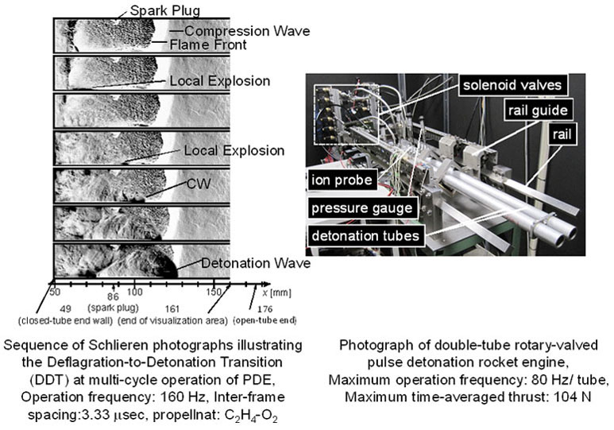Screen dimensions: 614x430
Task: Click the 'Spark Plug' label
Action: pos(165,10)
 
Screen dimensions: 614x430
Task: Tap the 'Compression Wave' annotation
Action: pos(247,31)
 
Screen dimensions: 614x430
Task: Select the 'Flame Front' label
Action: pos(208,45)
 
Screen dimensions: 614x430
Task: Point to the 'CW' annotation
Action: pos(199,184)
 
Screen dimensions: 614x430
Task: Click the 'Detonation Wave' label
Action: pos(256,263)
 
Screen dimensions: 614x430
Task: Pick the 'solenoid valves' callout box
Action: pos(512,85)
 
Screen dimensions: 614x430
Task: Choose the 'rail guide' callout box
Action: pos(538,110)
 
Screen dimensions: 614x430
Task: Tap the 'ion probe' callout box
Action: pos(342,180)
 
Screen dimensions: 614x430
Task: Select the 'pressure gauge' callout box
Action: pos(362,207)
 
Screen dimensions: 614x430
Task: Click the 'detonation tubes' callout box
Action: pos(365,235)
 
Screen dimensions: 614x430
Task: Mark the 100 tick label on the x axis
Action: pos(135,292)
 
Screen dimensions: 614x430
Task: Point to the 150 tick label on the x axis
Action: pos(214,292)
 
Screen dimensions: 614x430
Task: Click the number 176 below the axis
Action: pos(265,309)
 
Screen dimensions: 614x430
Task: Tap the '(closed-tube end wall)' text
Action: pos(66,320)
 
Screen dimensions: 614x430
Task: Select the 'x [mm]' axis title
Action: pos(277,292)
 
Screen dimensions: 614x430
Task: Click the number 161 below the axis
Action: pos(172,309)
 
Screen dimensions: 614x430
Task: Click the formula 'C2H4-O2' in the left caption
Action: pos(251,416)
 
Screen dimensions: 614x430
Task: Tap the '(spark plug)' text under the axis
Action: pos(114,308)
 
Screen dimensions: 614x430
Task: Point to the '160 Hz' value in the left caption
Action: pos(183,397)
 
